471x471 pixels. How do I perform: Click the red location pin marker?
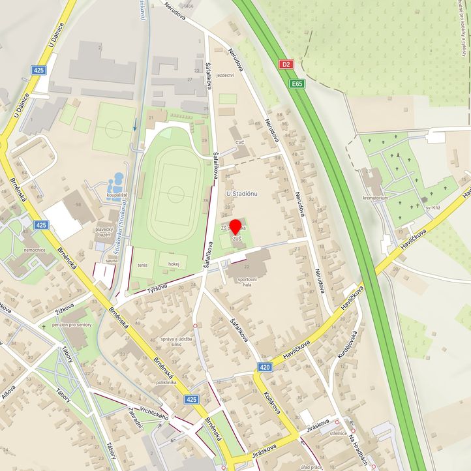click(x=235, y=228)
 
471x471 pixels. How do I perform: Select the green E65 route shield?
click(x=297, y=84)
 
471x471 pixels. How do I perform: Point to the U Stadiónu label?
click(x=243, y=194)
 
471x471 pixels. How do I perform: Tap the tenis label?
click(x=142, y=266)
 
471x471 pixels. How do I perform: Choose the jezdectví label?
click(x=225, y=75)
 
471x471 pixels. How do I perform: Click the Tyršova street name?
click(x=157, y=288)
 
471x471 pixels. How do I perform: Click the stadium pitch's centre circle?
click(x=175, y=194)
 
